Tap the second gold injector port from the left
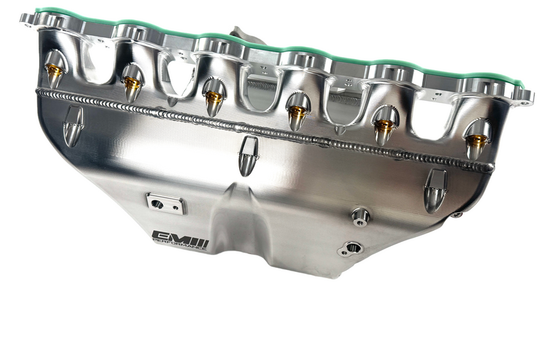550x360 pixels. (131, 84)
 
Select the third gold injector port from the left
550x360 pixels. (214, 98)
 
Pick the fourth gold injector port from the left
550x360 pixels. (297, 111)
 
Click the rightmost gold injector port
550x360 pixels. (476, 142)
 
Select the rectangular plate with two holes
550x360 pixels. (165, 204)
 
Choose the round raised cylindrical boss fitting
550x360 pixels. (360, 216)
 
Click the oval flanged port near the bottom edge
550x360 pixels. (350, 248)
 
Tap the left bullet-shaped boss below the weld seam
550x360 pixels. (73, 126)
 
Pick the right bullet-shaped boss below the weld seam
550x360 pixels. (434, 190)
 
